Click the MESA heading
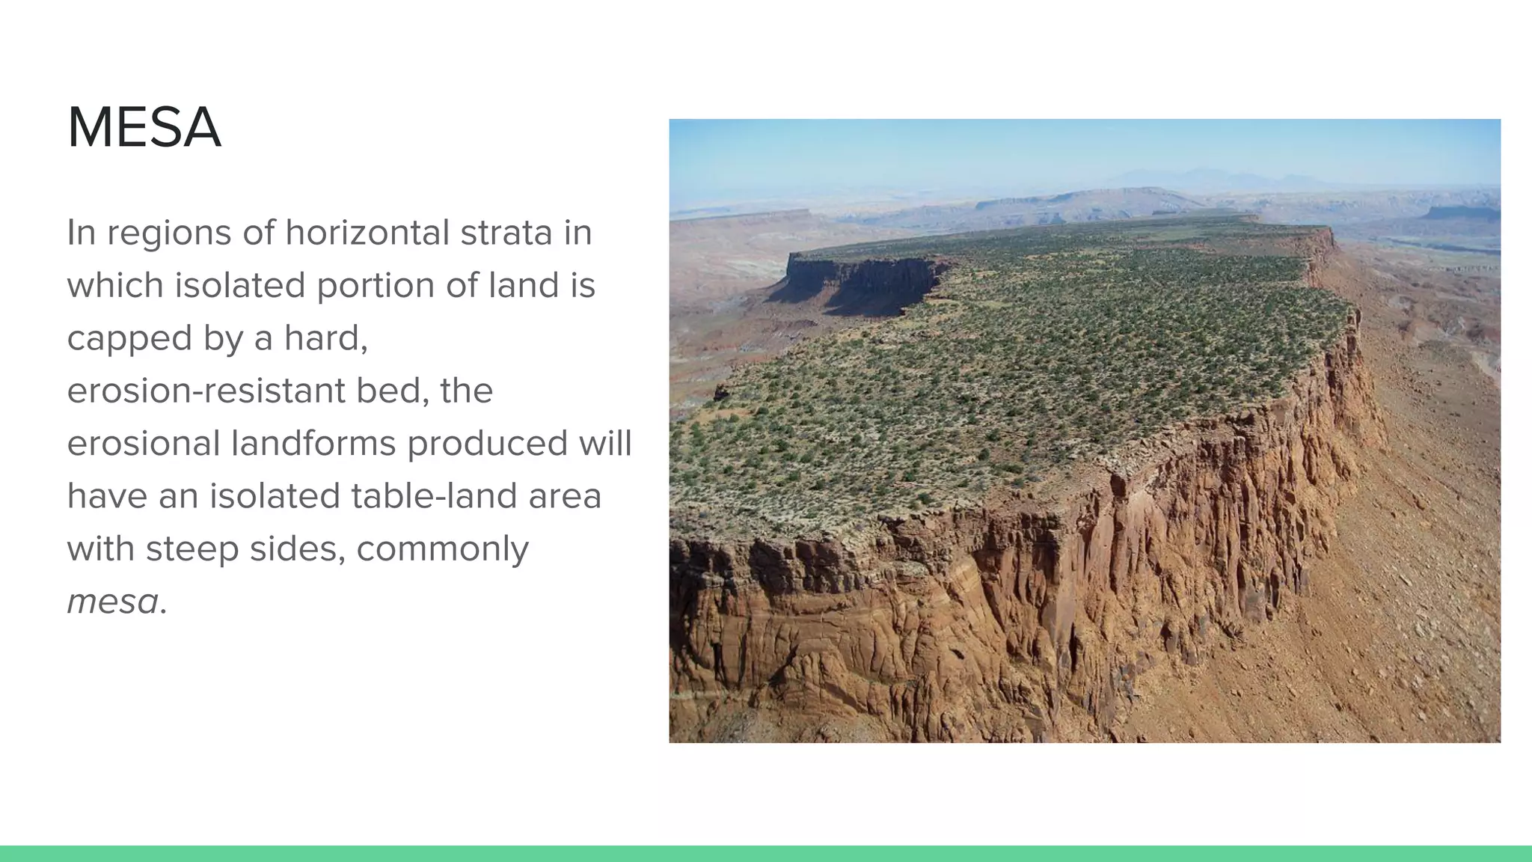[144, 128]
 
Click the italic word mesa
[113, 602]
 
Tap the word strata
[506, 233]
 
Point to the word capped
[129, 339]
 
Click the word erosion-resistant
[206, 391]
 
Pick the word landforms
[315, 444]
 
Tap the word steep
[193, 549]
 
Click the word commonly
[442, 549]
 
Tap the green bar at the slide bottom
[766, 854]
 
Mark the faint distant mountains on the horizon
[1212, 178]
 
